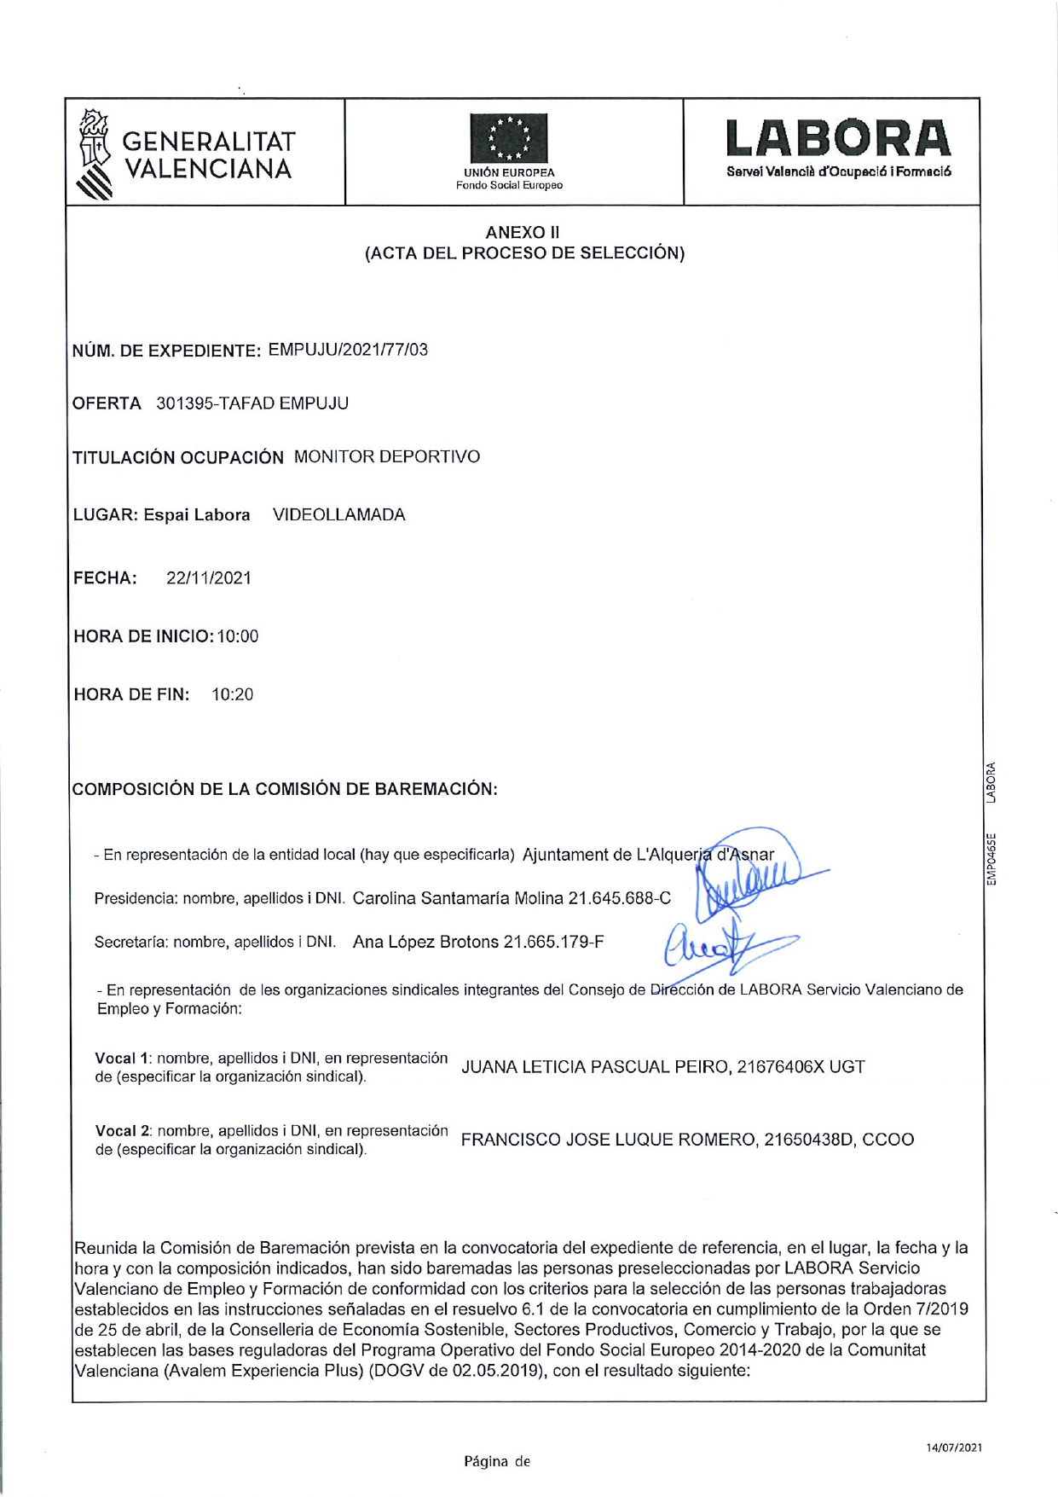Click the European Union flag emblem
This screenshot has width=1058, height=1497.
(x=509, y=138)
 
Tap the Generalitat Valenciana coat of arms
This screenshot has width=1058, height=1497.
(x=95, y=154)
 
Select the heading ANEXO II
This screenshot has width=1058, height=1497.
(x=522, y=232)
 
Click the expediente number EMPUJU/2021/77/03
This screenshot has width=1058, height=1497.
(x=348, y=350)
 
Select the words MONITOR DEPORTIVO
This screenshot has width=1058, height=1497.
(x=387, y=457)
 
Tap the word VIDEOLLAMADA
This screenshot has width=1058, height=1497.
(x=338, y=515)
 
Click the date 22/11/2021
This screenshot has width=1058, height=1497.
(x=209, y=578)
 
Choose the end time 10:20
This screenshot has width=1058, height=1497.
(x=233, y=694)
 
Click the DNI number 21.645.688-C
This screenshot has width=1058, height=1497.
(x=620, y=898)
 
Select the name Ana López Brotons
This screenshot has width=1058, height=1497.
(x=425, y=943)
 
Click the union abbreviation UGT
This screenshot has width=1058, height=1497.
(x=847, y=1067)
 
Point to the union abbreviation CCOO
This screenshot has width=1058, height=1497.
(x=887, y=1140)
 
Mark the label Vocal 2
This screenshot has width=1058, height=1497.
(x=123, y=1131)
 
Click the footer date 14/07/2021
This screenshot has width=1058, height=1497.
(x=954, y=1448)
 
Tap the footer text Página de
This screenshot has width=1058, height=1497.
(x=496, y=1461)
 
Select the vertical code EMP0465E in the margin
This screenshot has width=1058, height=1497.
(x=991, y=858)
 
